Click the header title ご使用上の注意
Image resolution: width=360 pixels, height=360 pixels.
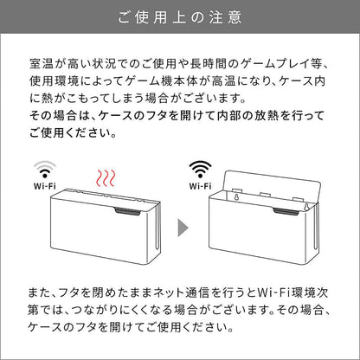(180, 17)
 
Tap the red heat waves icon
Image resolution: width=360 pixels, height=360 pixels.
(106, 178)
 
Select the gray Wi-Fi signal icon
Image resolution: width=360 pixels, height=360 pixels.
(45, 170)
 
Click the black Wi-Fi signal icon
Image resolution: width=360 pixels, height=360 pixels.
(200, 170)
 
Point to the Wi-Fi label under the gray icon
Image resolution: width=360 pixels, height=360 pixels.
(45, 186)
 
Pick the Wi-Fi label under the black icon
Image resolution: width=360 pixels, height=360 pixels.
(200, 186)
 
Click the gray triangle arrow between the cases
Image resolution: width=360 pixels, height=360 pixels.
(183, 228)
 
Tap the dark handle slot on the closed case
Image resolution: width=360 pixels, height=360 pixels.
(127, 211)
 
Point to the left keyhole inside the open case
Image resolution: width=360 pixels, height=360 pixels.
(236, 198)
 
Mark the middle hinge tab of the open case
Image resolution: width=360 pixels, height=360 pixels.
(266, 195)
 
